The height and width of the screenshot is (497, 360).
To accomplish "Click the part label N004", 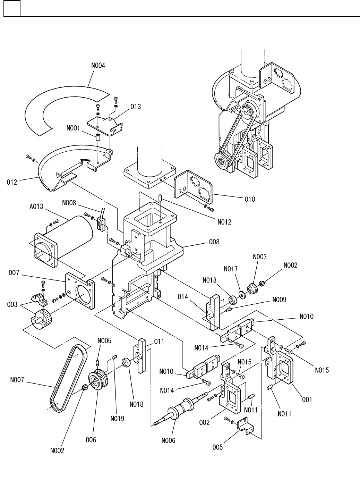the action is click(98, 66).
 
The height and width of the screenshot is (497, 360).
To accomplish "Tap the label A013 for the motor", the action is click(36, 207).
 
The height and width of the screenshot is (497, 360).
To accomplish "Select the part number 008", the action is click(214, 242).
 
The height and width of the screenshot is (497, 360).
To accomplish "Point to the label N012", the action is click(224, 222).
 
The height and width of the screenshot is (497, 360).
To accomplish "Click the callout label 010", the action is click(250, 199).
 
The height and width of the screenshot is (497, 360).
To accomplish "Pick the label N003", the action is click(260, 257).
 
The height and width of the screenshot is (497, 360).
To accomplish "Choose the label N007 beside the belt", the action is click(17, 380).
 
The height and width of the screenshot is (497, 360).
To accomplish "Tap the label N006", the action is click(168, 440).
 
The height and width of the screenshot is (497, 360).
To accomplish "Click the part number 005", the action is click(217, 447).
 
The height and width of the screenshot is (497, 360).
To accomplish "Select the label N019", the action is click(117, 419).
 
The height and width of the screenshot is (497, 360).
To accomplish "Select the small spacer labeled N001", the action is click(98, 137).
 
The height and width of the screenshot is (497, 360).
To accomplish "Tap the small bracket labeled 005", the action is click(246, 426).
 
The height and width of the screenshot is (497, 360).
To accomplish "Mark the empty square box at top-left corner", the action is click(12, 8).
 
